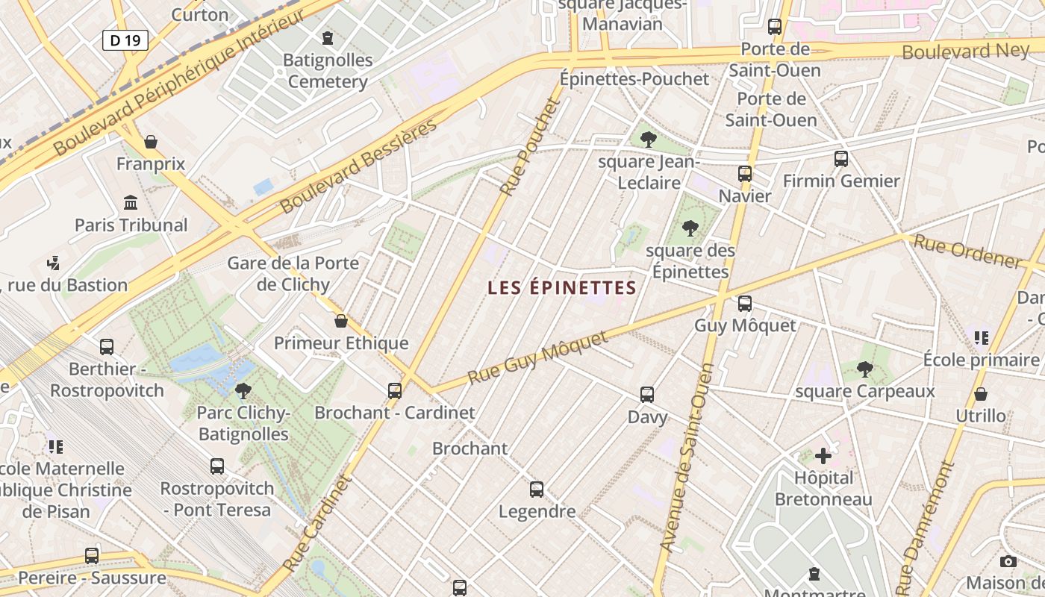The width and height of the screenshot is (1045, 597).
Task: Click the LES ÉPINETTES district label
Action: [x=561, y=288]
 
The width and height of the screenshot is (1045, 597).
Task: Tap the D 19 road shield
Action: [x=125, y=40]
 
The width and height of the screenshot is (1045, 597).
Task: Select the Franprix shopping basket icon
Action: [x=151, y=142]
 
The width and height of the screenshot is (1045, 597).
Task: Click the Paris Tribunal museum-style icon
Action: [x=131, y=202]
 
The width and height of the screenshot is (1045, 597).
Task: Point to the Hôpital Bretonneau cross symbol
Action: [x=823, y=455]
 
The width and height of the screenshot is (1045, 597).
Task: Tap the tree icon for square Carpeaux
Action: [x=864, y=369]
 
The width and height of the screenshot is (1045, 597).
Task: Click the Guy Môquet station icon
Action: [x=744, y=304]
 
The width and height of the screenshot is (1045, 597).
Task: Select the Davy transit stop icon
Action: [x=647, y=395]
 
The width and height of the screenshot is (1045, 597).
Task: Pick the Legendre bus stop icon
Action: [x=537, y=490]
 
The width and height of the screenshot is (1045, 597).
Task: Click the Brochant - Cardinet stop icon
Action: [x=395, y=390]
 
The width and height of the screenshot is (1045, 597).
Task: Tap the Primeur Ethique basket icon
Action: [x=341, y=321]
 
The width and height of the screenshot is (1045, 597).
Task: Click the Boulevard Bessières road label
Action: [x=358, y=166]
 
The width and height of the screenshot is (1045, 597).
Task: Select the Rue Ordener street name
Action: [x=967, y=251]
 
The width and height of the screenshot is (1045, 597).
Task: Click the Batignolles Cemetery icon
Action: [x=327, y=37]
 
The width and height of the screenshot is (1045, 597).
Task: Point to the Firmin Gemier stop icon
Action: [x=841, y=158]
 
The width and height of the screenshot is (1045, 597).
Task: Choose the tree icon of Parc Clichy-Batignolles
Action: [x=243, y=390]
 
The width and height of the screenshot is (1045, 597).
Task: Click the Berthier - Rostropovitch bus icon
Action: [x=107, y=347]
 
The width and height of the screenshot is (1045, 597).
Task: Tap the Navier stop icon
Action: [x=744, y=174]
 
